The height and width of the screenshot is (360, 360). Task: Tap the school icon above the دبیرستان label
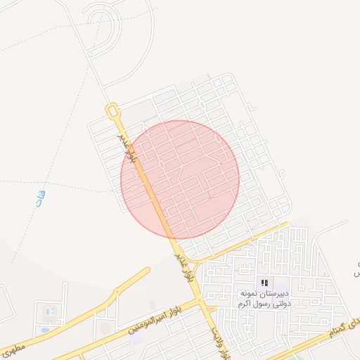pyautogui.click(x=264, y=283)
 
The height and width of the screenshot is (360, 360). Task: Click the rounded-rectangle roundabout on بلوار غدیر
pyautogui.click(x=111, y=110)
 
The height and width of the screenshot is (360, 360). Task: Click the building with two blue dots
pyautogui.click(x=49, y=311)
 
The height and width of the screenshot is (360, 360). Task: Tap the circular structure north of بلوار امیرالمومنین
pyautogui.click(x=105, y=327)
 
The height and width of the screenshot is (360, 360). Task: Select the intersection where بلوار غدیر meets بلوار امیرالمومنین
pyautogui.click(x=201, y=301)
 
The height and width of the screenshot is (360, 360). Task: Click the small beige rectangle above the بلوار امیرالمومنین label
pyautogui.click(x=152, y=304)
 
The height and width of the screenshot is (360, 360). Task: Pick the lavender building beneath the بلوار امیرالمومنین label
pyautogui.click(x=135, y=337)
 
